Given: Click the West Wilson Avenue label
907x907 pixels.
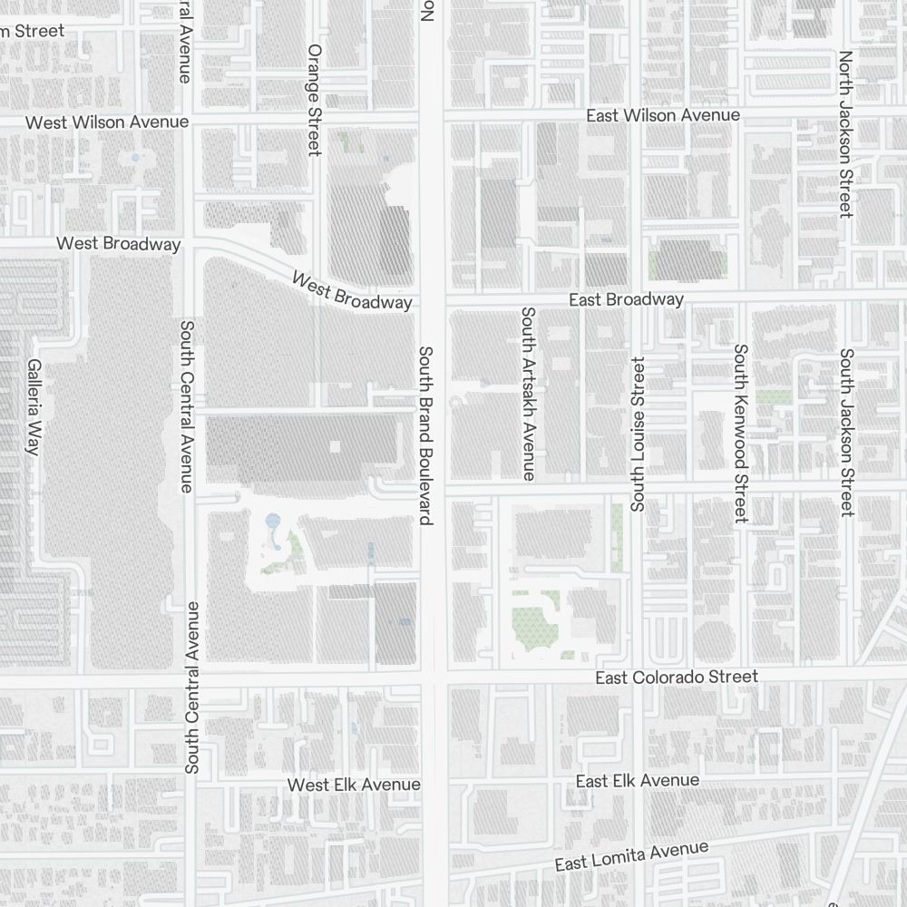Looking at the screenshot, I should (x=107, y=122).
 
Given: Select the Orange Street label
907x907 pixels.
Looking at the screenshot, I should (x=315, y=100).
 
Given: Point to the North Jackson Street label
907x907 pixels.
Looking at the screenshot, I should (x=845, y=133).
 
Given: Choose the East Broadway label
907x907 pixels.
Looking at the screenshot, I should (x=626, y=299).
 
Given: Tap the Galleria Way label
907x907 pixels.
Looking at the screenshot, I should (x=34, y=406).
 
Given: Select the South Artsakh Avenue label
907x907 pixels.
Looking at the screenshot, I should (x=528, y=393).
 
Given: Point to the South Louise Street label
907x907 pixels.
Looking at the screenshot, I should (x=637, y=434).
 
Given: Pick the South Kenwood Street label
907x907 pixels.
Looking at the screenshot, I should (x=741, y=433).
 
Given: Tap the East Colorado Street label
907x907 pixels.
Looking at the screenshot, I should (x=676, y=678).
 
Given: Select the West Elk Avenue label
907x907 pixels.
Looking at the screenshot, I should (x=354, y=784).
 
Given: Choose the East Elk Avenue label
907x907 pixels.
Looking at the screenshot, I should (x=638, y=781).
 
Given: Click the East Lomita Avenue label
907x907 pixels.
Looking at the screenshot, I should (x=631, y=855).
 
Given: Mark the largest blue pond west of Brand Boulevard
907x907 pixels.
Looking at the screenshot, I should (x=272, y=523).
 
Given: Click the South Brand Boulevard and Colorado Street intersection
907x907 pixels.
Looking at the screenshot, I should (x=434, y=678).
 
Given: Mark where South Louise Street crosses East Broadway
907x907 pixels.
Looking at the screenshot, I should (x=638, y=299).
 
